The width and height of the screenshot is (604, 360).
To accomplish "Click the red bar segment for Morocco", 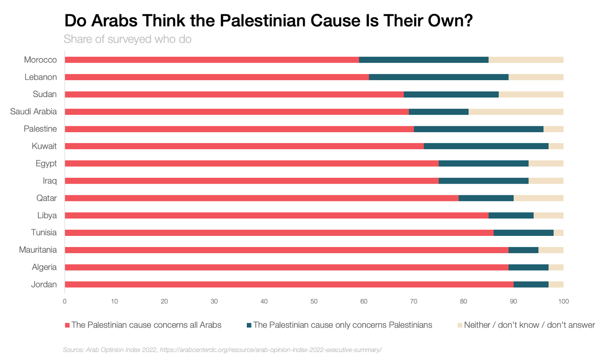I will [211, 60].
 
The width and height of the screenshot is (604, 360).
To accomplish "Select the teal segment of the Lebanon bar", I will [439, 77].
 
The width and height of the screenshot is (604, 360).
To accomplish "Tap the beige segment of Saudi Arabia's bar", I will [516, 112].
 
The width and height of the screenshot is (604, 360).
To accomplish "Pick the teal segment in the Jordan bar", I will [531, 285].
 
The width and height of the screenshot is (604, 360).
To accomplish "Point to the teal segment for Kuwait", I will [486, 146].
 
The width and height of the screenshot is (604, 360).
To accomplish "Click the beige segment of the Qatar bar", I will [538, 198].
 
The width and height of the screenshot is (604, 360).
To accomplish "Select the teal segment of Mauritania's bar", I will [523, 250].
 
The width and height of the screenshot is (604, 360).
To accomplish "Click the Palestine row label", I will [40, 129].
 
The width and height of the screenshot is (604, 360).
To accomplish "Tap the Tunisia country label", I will [44, 232].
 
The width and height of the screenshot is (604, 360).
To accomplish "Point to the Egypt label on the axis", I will [46, 163].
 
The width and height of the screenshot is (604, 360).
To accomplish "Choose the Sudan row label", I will [45, 94].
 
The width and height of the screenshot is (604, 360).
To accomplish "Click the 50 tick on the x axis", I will [314, 301].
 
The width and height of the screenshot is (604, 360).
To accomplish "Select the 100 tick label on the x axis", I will [563, 301].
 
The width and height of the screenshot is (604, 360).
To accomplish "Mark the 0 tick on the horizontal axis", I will [65, 301].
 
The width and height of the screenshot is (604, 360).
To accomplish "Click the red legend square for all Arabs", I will [67, 325].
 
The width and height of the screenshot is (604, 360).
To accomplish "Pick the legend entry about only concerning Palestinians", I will [342, 325].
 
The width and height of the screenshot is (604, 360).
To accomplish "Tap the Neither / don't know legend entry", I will [529, 325].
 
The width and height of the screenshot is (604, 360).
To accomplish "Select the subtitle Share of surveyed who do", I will [127, 39].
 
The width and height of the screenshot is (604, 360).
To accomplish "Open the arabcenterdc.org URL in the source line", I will [270, 350].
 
